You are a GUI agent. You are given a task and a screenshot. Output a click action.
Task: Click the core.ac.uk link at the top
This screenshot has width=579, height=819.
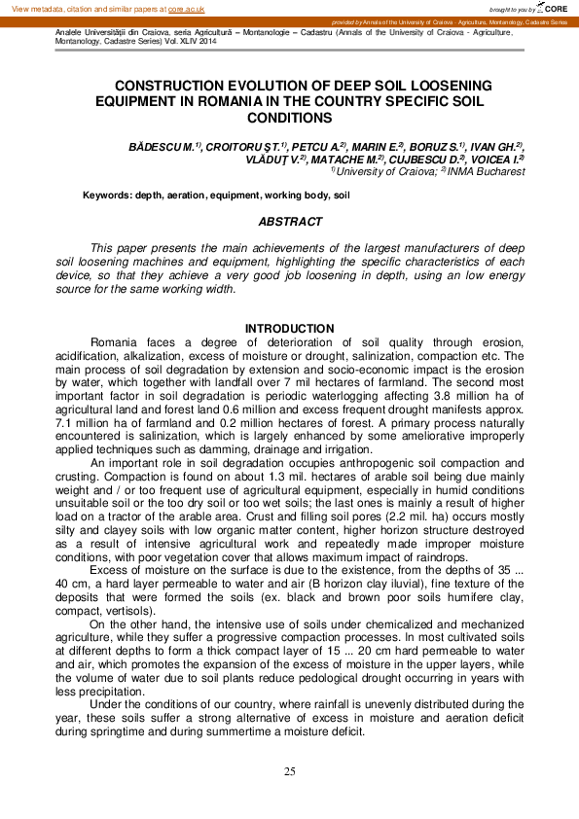pos(186,8)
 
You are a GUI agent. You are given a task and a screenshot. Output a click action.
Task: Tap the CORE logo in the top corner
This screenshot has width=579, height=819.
pos(554,8)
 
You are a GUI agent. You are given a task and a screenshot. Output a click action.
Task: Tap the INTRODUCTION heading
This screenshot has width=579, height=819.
pos(289,329)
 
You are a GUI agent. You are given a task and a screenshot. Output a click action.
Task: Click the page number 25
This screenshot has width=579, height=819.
pos(289,771)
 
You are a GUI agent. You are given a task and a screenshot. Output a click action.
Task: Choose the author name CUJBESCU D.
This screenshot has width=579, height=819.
pos(424,158)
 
